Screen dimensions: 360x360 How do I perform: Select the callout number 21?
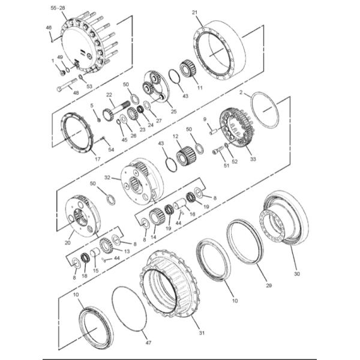tap(194, 12)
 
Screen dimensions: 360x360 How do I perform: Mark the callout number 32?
tap(107, 178)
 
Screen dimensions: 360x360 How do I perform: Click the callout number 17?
tap(97, 159)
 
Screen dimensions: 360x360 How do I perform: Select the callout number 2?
tap(241, 93)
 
